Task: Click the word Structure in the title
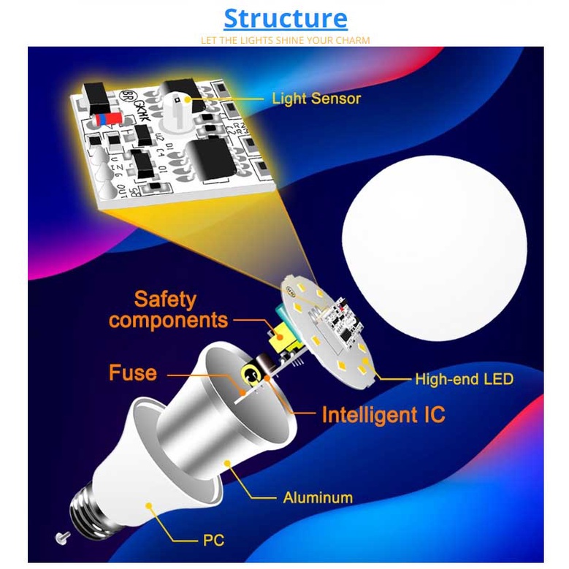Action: click(285, 18)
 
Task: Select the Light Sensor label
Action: click(316, 98)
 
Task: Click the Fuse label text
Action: click(133, 373)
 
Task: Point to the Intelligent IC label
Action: click(383, 415)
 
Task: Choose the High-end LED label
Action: click(464, 379)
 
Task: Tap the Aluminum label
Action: click(318, 498)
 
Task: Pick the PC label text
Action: click(213, 541)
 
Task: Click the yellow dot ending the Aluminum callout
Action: click(227, 462)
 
